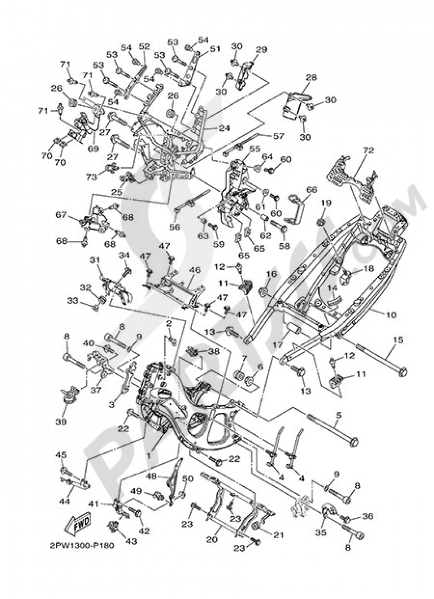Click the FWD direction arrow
(75, 527)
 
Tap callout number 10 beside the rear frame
(391, 315)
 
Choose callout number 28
(311, 77)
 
